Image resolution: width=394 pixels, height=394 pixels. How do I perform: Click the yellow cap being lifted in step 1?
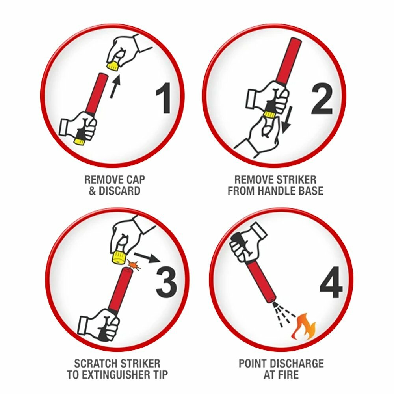pyautogui.click(x=113, y=65)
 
